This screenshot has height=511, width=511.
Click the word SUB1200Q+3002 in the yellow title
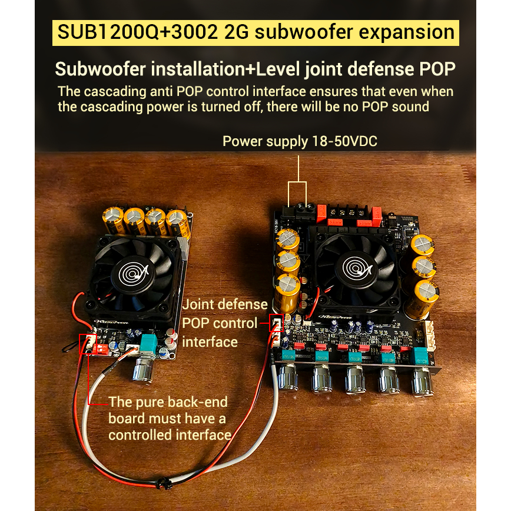138,32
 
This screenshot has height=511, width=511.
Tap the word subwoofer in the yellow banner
299,32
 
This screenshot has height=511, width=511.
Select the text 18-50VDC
344,141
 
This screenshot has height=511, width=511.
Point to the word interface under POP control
210,342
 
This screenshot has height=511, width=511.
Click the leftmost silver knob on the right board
288,377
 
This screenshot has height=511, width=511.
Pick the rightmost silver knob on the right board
422,381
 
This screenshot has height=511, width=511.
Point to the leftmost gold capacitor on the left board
113,221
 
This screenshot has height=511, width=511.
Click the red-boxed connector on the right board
276,323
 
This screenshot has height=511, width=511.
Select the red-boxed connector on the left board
87,344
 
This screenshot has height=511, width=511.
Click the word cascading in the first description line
115,92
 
